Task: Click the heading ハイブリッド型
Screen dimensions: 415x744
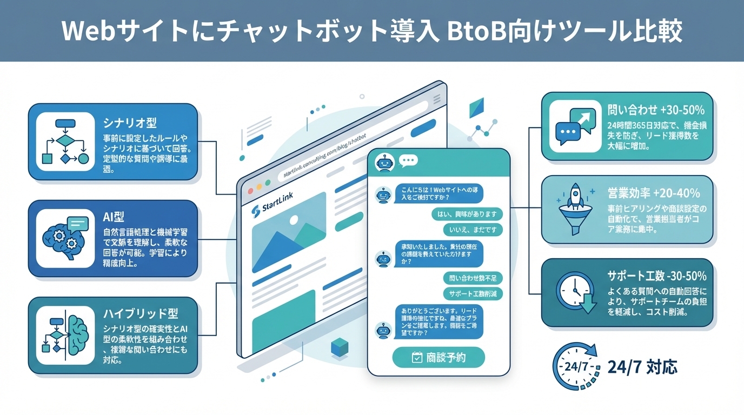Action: [141, 314]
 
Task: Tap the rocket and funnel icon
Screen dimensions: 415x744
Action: [575, 207]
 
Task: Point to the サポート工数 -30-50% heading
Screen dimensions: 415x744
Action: [657, 276]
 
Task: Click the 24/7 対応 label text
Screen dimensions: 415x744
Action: [642, 367]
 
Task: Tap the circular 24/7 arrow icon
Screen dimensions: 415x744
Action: [576, 367]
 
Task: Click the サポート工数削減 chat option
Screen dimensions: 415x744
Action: [473, 294]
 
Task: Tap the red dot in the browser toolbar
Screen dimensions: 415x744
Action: [250, 191]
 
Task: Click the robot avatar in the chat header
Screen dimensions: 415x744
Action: [384, 163]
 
